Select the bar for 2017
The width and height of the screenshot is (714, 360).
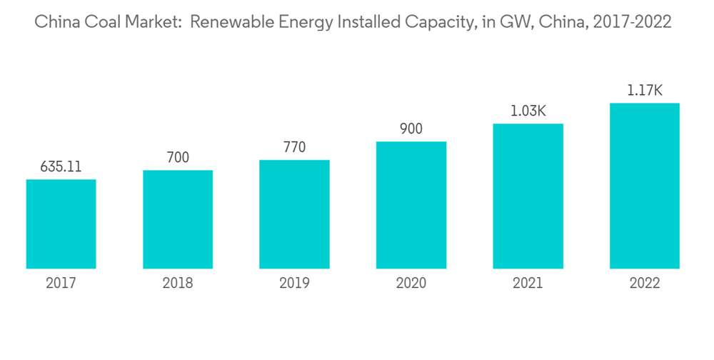click(x=61, y=224)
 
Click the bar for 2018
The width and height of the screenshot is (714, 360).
click(x=178, y=219)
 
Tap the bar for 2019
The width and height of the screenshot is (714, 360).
click(x=294, y=214)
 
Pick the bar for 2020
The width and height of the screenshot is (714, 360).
click(x=411, y=205)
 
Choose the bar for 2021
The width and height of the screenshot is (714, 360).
click(x=528, y=196)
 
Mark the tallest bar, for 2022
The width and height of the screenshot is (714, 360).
click(x=644, y=186)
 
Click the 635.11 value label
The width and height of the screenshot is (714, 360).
click(x=61, y=167)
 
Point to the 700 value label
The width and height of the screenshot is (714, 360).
click(x=178, y=158)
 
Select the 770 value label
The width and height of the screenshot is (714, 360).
click(x=294, y=148)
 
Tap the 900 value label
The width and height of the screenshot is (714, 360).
click(x=411, y=129)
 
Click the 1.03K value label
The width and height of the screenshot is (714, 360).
click(x=528, y=111)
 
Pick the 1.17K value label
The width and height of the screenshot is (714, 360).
click(x=644, y=91)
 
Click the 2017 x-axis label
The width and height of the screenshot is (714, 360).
click(x=61, y=284)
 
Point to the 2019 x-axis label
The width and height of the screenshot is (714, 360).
click(x=294, y=284)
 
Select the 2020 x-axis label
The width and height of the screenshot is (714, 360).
click(x=411, y=284)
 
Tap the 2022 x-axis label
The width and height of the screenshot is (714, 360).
click(x=644, y=284)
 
